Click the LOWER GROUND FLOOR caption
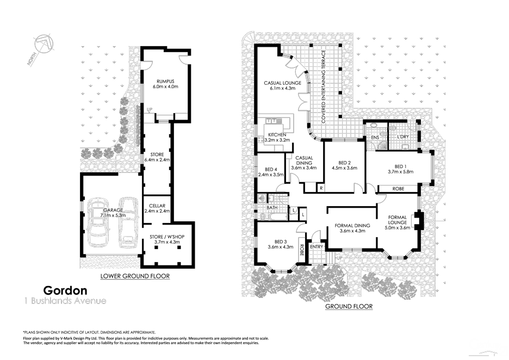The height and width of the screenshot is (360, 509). point(135,276)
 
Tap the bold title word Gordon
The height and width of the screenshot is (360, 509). point(65,291)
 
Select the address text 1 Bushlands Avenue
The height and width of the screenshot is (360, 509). point(65,301)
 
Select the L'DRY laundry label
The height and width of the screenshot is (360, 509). point(403,136)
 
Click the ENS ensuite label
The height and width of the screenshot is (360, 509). point(375,138)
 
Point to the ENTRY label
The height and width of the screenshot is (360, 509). point(316,246)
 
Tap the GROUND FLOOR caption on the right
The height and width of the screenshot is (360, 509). point(349,306)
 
